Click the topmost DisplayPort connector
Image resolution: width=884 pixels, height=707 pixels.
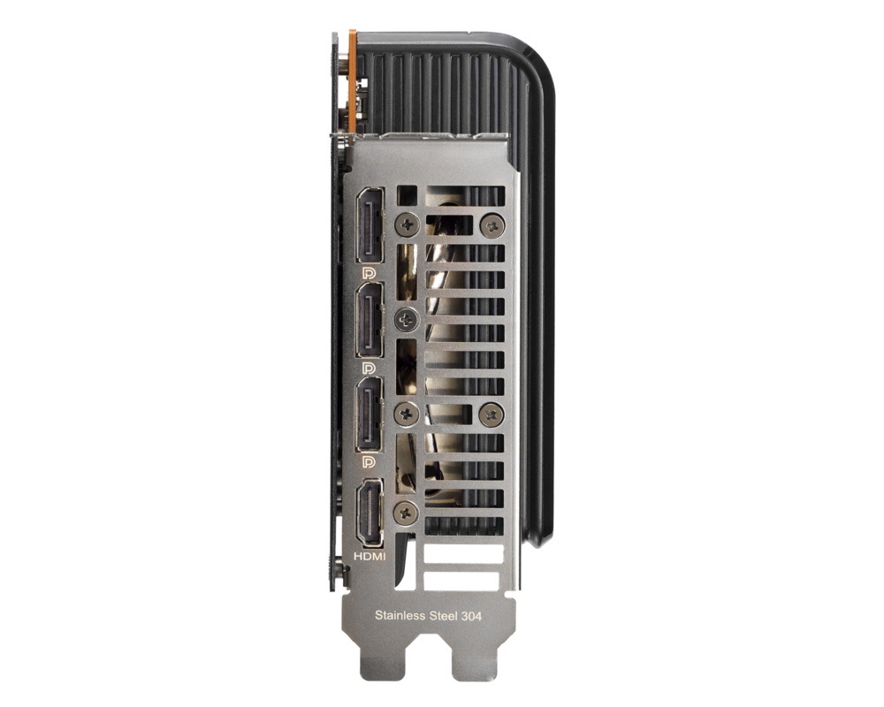click(370, 225)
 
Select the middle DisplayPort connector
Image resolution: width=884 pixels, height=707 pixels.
click(370, 320)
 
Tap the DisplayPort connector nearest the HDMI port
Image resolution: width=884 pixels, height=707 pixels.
click(370, 414)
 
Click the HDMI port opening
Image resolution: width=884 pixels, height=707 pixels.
click(370, 513)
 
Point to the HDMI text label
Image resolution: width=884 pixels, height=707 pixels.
click(370, 557)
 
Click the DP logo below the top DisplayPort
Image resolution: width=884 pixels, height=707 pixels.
click(370, 273)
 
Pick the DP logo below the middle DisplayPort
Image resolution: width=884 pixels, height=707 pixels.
click(370, 369)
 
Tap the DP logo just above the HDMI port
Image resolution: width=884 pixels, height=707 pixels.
click(370, 462)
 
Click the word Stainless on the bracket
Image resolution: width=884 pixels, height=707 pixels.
click(400, 616)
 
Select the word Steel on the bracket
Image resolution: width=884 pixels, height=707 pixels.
click(443, 616)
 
